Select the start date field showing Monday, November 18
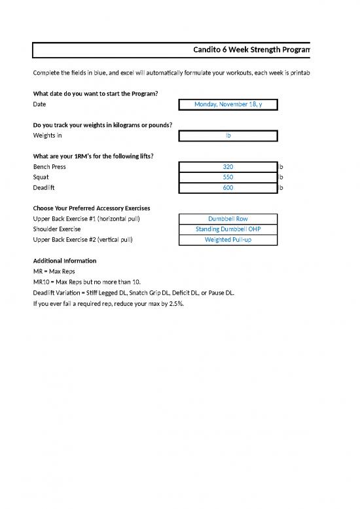[x=228, y=104]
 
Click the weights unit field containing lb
[x=228, y=136]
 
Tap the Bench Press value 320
[x=228, y=167]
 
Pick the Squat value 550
[x=228, y=178]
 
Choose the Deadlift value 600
[x=228, y=188]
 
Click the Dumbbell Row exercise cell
[x=228, y=219]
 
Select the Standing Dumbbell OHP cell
[x=228, y=229]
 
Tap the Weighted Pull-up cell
[x=228, y=240]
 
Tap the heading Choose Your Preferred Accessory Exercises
[x=92, y=208]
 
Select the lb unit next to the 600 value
[x=281, y=188]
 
